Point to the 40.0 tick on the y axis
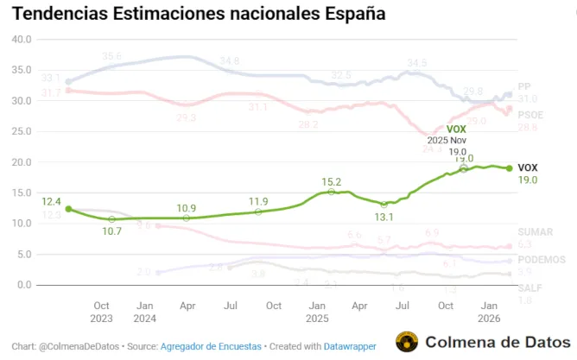[20, 40]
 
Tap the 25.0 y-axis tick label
[20, 131]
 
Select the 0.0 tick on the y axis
[23, 285]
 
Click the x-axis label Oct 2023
[101, 312]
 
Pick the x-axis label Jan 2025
[317, 312]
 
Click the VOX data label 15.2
[332, 182]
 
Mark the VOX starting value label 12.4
[52, 201]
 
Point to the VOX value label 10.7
[112, 231]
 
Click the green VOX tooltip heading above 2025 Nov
[456, 129]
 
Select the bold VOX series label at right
[528, 167]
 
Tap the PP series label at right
[524, 87]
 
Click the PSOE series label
[530, 115]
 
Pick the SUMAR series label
[535, 232]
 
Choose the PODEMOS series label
[541, 260]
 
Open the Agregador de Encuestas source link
[211, 346]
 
